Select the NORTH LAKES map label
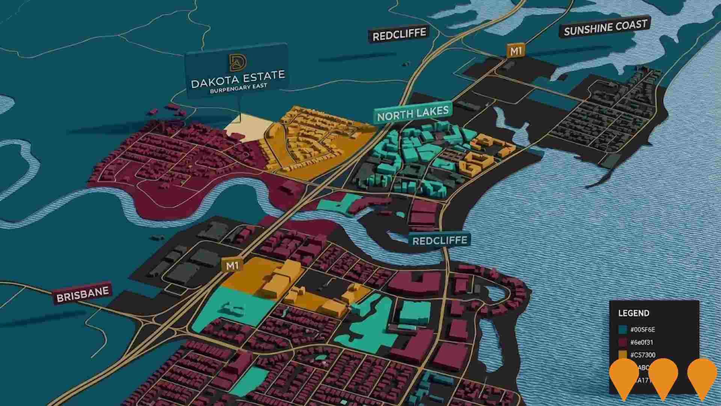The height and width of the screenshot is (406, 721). coord(413,113)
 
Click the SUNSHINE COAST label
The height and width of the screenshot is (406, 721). coord(605,27)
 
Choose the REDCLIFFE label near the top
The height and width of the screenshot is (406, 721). coord(399,35)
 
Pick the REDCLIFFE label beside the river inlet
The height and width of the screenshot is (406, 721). coord(439,240)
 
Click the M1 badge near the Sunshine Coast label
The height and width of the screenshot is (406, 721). coord(516,51)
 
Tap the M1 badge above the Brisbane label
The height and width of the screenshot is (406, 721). coord(232,266)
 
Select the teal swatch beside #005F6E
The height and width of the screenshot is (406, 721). coord(623,330)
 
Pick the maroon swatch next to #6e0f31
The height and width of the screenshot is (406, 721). coord(623,342)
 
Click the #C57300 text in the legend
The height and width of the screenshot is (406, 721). coord(643,355)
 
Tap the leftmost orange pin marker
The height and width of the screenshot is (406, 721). coord(624,376)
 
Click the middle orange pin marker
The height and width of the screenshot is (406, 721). coord(663,376)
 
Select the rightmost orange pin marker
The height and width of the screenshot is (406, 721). coord(702,376)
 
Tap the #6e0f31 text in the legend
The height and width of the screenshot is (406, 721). coord(643,342)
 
